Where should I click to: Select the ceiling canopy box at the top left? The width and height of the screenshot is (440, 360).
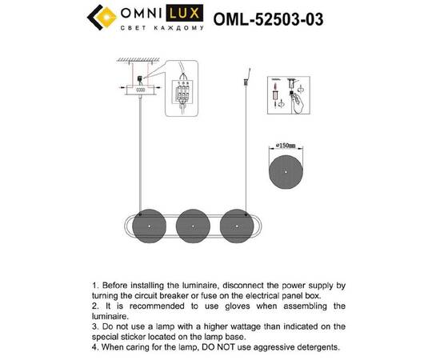(139, 89)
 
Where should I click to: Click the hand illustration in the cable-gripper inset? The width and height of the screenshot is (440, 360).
(299, 102)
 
